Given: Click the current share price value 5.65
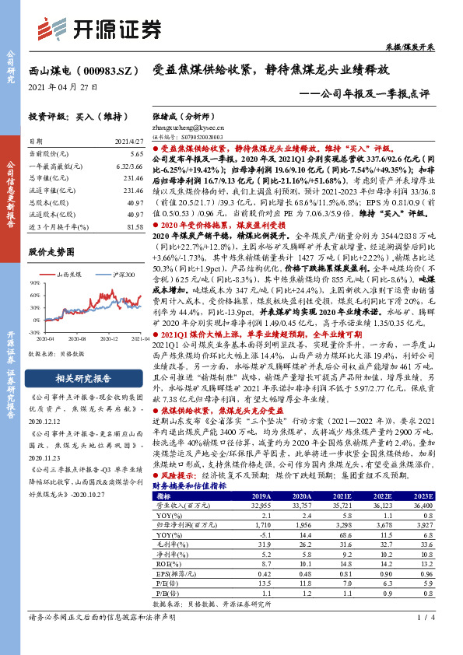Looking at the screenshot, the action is [x=136, y=156].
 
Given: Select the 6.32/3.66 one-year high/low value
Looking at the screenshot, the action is [x=128, y=167].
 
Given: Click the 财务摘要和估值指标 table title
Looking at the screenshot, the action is [x=190, y=485].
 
